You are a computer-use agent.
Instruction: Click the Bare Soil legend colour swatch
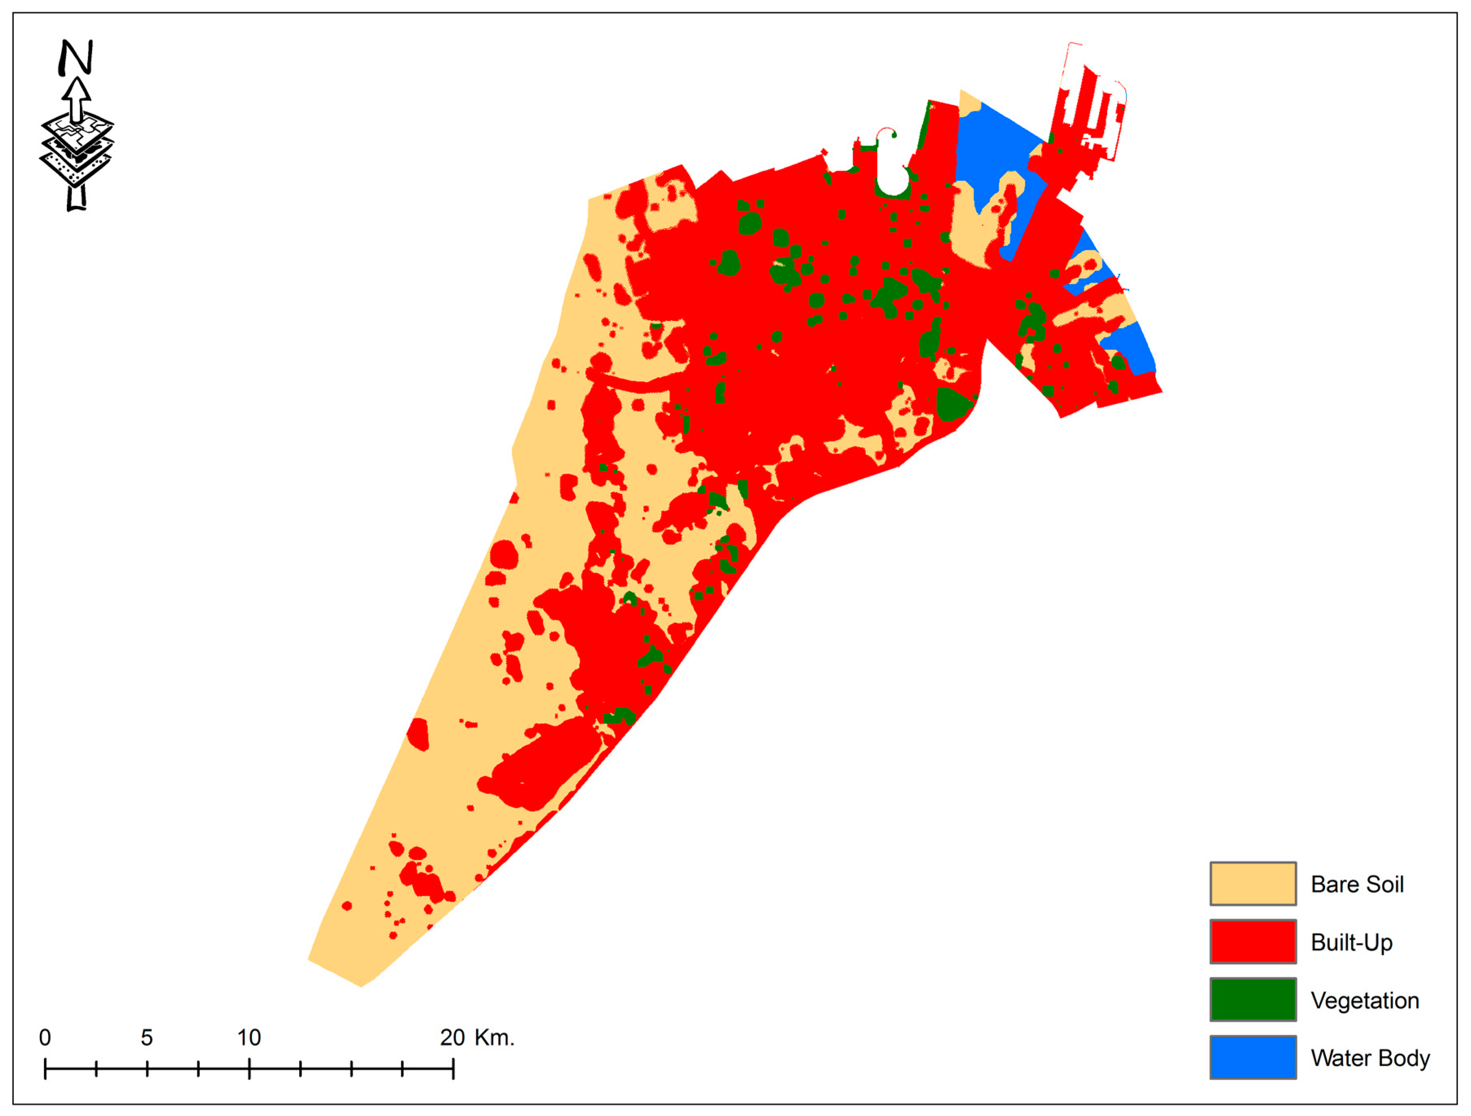point(1253,884)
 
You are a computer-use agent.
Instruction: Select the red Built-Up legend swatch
point(1253,942)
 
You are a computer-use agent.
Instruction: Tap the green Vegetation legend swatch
point(1253,1000)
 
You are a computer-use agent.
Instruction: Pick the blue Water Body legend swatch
point(1253,1057)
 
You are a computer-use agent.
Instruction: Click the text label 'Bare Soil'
point(1356,884)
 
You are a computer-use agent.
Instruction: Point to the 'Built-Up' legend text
point(1351,942)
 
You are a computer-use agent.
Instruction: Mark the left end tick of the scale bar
point(45,1069)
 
